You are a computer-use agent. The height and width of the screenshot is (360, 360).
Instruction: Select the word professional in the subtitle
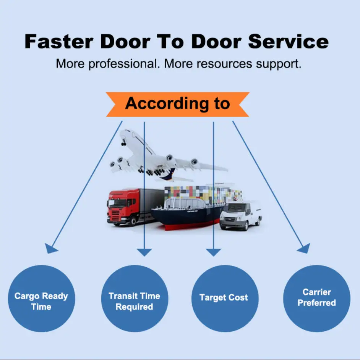pos(125,63)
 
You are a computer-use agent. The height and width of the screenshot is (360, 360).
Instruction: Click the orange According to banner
pos(178,104)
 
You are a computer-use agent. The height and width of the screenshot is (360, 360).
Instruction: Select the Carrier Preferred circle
pos(316,297)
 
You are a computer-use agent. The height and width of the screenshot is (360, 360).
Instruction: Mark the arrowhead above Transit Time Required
pos(144,252)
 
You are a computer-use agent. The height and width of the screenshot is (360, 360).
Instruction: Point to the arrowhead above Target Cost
pos(213,252)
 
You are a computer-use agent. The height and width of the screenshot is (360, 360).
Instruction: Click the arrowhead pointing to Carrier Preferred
pos(304,249)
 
